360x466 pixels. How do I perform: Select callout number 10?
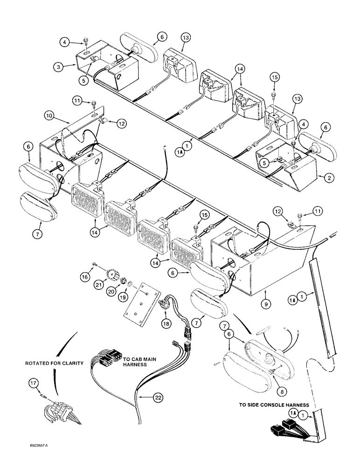[x=49, y=115]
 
